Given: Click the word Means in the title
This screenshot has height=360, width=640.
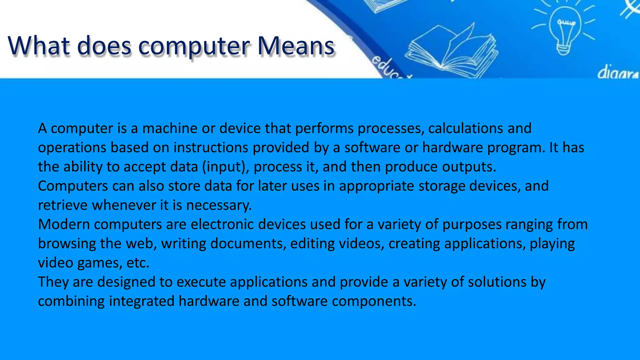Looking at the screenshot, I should coord(295,46).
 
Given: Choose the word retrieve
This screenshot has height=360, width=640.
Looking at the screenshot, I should coord(63,205).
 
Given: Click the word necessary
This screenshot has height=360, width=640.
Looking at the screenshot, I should coord(219,205).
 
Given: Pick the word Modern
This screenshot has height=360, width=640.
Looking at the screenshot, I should coord(64,224).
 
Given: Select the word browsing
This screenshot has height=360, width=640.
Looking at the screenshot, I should coord(67,244).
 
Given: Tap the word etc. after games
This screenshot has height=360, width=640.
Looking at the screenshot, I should coord(138,263).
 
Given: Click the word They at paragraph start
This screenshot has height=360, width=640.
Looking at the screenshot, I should coord(53,282).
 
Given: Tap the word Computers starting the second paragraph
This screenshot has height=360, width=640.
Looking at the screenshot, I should coord(73,186).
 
